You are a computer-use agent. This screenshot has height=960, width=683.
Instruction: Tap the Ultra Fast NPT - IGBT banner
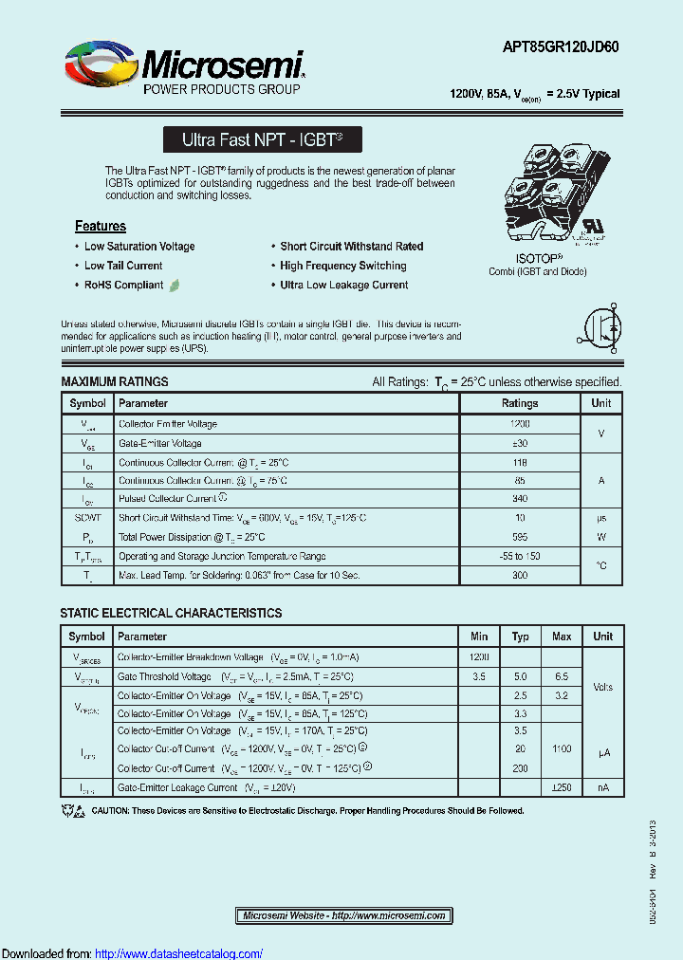[263, 139]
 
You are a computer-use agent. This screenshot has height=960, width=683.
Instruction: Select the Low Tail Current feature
[123, 266]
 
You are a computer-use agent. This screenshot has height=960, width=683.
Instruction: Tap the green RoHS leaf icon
[175, 285]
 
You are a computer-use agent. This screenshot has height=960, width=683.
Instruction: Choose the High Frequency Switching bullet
[343, 266]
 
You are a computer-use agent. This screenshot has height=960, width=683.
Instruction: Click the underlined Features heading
[101, 226]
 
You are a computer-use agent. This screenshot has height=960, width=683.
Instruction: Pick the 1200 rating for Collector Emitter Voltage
[519, 424]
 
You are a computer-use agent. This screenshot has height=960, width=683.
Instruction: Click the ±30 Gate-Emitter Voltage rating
[519, 443]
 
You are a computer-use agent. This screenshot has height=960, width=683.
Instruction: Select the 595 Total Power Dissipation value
[519, 537]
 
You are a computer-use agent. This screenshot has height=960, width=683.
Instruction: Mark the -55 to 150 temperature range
[519, 556]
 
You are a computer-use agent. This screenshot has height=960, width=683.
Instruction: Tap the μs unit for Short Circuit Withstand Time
[601, 518]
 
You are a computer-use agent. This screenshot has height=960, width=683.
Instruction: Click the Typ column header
[520, 637]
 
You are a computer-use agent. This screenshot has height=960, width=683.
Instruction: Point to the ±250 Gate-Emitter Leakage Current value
[562, 787]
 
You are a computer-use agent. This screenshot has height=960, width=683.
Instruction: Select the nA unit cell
[602, 787]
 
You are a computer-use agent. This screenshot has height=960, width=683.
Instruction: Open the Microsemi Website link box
[344, 915]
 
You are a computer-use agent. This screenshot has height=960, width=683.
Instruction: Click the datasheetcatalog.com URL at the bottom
[179, 953]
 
